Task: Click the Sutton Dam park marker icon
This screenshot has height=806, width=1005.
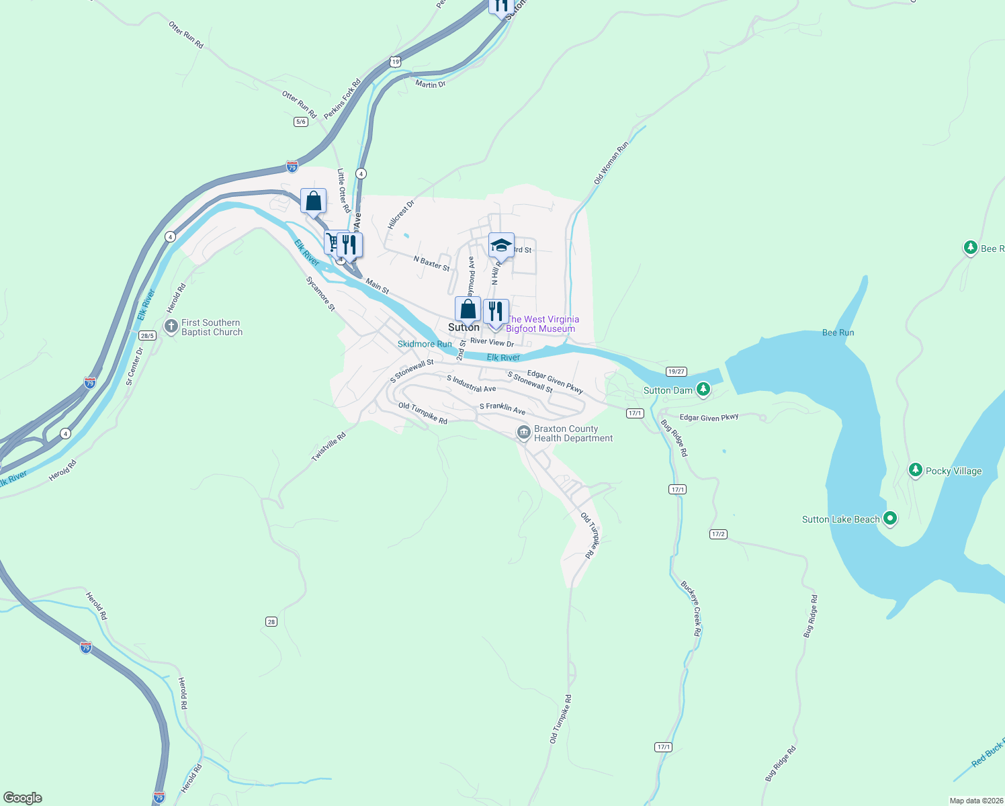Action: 703,389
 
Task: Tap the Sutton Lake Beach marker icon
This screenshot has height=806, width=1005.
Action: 890,519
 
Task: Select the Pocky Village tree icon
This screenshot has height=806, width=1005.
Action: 915,469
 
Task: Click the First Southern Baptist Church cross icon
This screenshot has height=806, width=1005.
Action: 171,327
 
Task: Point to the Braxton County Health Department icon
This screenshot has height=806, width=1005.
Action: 523,433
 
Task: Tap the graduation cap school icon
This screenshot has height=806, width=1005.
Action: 501,245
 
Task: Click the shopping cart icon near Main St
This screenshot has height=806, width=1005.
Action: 332,242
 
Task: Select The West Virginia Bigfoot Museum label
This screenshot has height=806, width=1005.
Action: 541,324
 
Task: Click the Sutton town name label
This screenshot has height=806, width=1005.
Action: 464,327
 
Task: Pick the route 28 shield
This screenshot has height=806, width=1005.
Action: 271,622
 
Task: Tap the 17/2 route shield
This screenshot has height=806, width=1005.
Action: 718,534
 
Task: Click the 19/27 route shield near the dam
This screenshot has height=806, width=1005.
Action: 676,371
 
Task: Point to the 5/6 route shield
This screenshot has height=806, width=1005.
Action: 301,122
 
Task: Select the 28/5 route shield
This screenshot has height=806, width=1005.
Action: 147,335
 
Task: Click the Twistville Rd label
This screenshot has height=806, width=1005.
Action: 329,447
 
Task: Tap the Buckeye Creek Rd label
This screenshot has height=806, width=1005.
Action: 691,609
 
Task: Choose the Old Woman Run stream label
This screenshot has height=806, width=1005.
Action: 611,163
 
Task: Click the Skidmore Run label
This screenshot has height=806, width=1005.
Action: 425,344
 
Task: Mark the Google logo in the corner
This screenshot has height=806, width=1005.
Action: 23,798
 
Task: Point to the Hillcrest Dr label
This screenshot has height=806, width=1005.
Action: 401,214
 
